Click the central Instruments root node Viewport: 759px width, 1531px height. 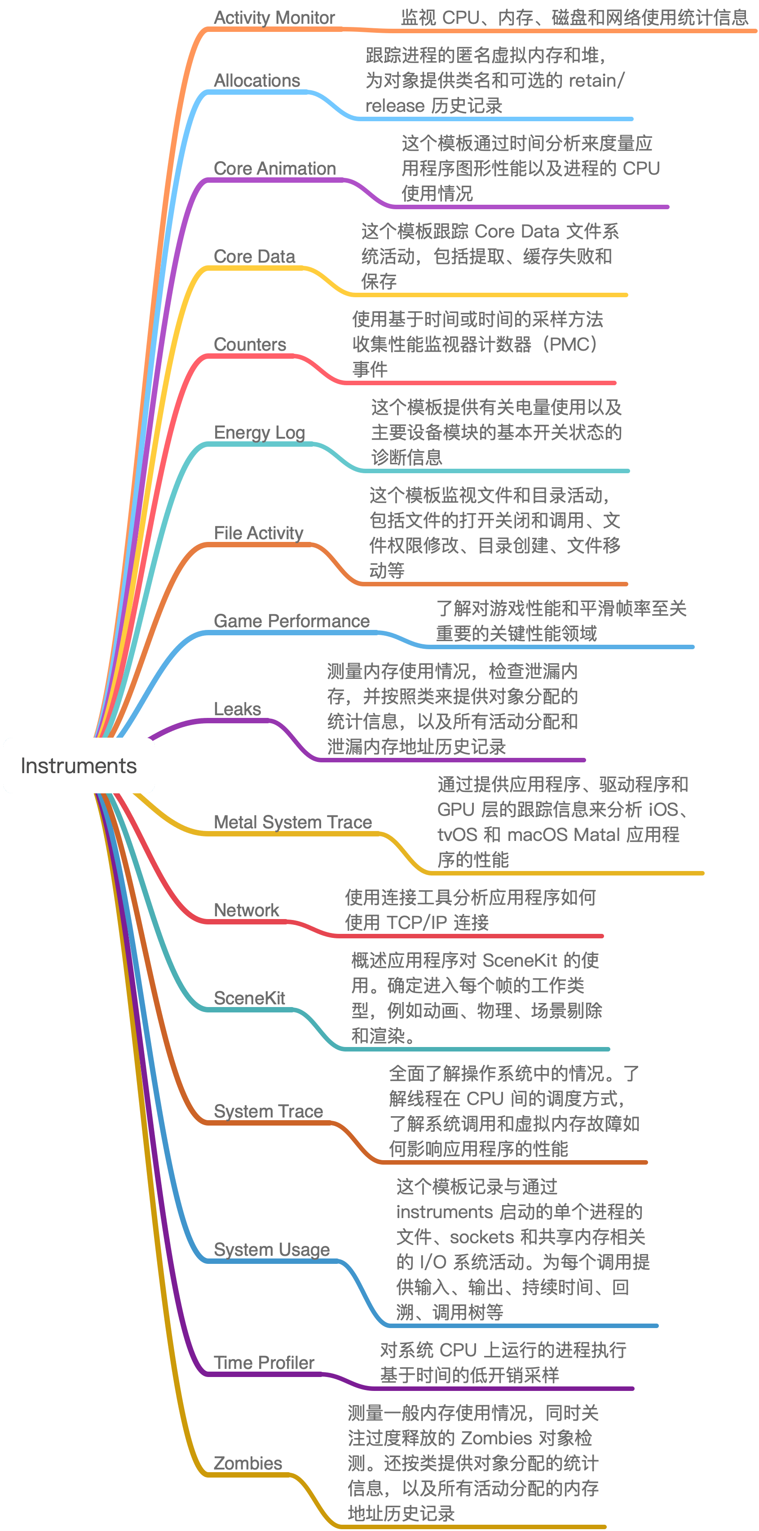click(x=79, y=765)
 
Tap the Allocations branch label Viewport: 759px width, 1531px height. click(x=257, y=80)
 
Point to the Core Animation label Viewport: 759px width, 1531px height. click(x=274, y=168)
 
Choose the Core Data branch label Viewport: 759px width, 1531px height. click(x=254, y=256)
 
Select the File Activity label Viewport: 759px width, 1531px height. click(x=259, y=532)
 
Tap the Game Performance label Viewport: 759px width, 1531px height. click(x=291, y=620)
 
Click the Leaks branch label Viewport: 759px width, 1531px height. click(x=237, y=708)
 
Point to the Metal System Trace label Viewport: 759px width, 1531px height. click(x=292, y=822)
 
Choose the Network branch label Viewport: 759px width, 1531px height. click(x=246, y=910)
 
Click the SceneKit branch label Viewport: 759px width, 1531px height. click(x=249, y=998)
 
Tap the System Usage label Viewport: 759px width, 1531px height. click(x=272, y=1249)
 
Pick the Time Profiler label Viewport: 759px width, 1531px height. click(x=264, y=1362)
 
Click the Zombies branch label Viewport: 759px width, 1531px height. click(x=247, y=1463)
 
